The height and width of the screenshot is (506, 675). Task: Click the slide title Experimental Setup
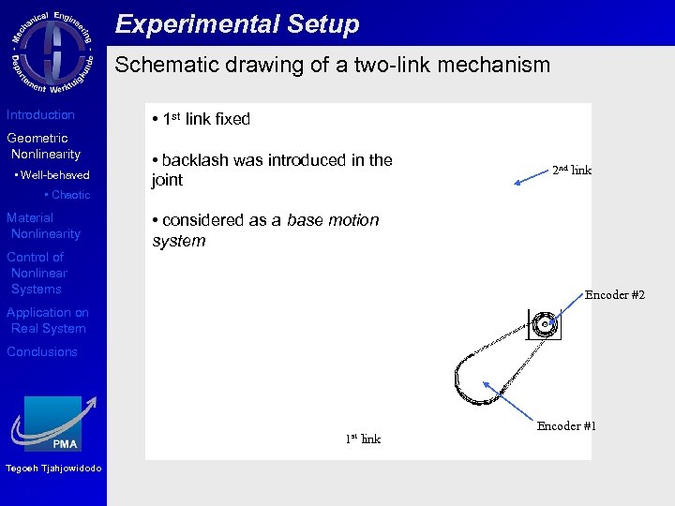pyautogui.click(x=237, y=24)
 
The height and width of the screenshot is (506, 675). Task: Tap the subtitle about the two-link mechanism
pyautogui.click(x=332, y=66)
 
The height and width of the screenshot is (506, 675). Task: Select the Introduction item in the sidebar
pyautogui.click(x=40, y=115)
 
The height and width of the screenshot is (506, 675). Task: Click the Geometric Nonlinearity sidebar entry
pyautogui.click(x=44, y=146)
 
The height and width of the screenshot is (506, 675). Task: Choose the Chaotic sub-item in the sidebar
pyautogui.click(x=67, y=195)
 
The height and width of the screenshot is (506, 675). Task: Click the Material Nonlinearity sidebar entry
pyautogui.click(x=44, y=226)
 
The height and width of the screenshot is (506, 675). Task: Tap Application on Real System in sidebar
pyautogui.click(x=48, y=320)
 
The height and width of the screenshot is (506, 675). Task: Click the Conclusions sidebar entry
pyautogui.click(x=42, y=352)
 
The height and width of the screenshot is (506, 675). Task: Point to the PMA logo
pyautogui.click(x=53, y=424)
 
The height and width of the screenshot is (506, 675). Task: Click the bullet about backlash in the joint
pyautogui.click(x=272, y=170)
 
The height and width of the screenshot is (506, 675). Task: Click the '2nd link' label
pyautogui.click(x=571, y=170)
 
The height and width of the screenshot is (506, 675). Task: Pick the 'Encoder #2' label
pyautogui.click(x=614, y=295)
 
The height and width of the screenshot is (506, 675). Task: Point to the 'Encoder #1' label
pyautogui.click(x=566, y=426)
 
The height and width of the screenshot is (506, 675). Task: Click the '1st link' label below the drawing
pyautogui.click(x=363, y=439)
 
